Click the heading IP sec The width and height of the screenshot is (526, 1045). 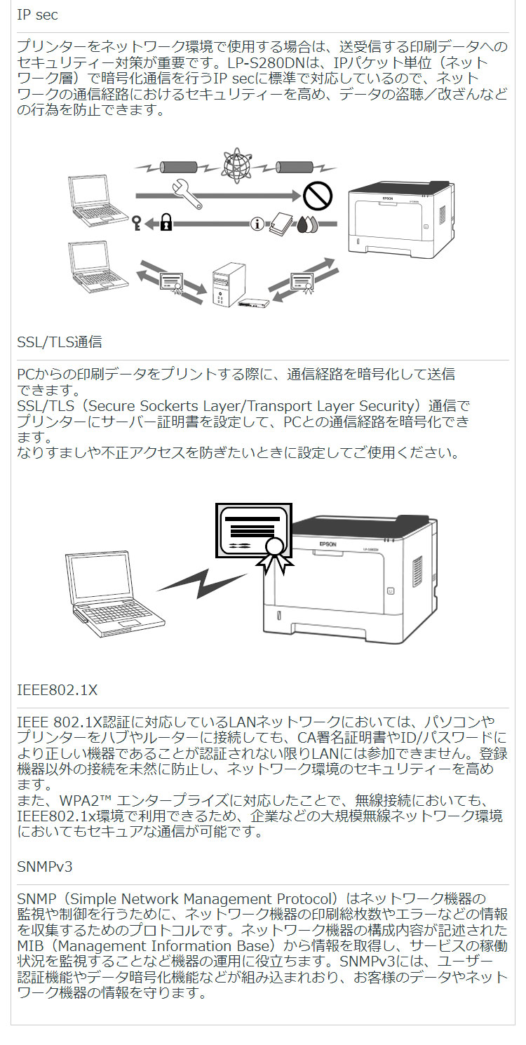coord(38,15)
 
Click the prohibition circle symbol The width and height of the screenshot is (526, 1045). coord(318,195)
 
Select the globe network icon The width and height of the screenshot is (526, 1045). coord(236,166)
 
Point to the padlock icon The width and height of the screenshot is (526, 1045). coord(166,224)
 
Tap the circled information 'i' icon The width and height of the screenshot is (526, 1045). coord(257,224)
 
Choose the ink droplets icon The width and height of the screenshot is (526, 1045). coord(306,224)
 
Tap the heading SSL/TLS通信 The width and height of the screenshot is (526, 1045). coord(60,342)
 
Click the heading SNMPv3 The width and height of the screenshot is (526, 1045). coord(45,867)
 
